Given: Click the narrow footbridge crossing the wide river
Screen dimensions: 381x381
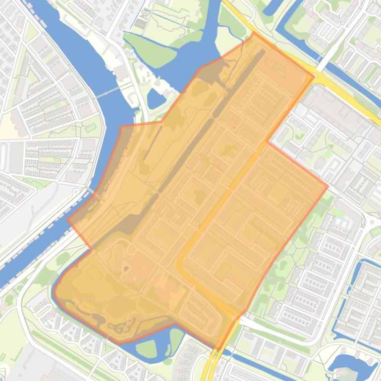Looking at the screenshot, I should click(107, 92).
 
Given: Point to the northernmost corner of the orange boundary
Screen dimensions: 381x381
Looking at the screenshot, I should click(254, 33).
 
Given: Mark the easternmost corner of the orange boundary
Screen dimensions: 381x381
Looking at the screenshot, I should click(327, 187).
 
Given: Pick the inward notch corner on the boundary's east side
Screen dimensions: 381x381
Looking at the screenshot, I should click(267, 142).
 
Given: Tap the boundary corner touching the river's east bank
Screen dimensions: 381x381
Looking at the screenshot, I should click(121, 127).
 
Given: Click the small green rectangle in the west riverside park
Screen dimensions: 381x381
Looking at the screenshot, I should click(91, 128).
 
